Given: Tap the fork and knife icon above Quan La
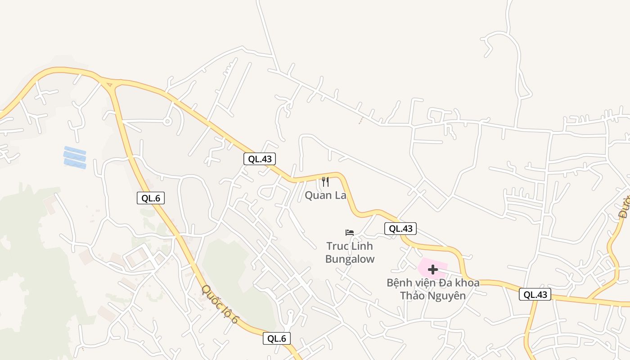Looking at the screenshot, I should pyautogui.click(x=325, y=182).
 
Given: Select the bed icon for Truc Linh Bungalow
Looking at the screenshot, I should pyautogui.click(x=350, y=233).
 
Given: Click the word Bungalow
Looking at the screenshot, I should pyautogui.click(x=350, y=259).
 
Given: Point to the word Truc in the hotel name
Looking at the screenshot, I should pyautogui.click(x=337, y=246).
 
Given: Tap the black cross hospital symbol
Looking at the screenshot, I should pyautogui.click(x=433, y=270).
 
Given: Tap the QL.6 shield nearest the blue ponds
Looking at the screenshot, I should pyautogui.click(x=151, y=198).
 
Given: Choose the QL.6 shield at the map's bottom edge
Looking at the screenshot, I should pyautogui.click(x=277, y=339).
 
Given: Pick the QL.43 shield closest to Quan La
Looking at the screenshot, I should pyautogui.click(x=260, y=159).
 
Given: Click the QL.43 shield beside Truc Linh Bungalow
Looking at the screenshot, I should pyautogui.click(x=400, y=229).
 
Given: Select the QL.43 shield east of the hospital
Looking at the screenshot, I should pyautogui.click(x=535, y=295).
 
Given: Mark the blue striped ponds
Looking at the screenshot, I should pyautogui.click(x=75, y=157).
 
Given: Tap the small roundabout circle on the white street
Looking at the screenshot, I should pyautogui.click(x=167, y=121).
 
